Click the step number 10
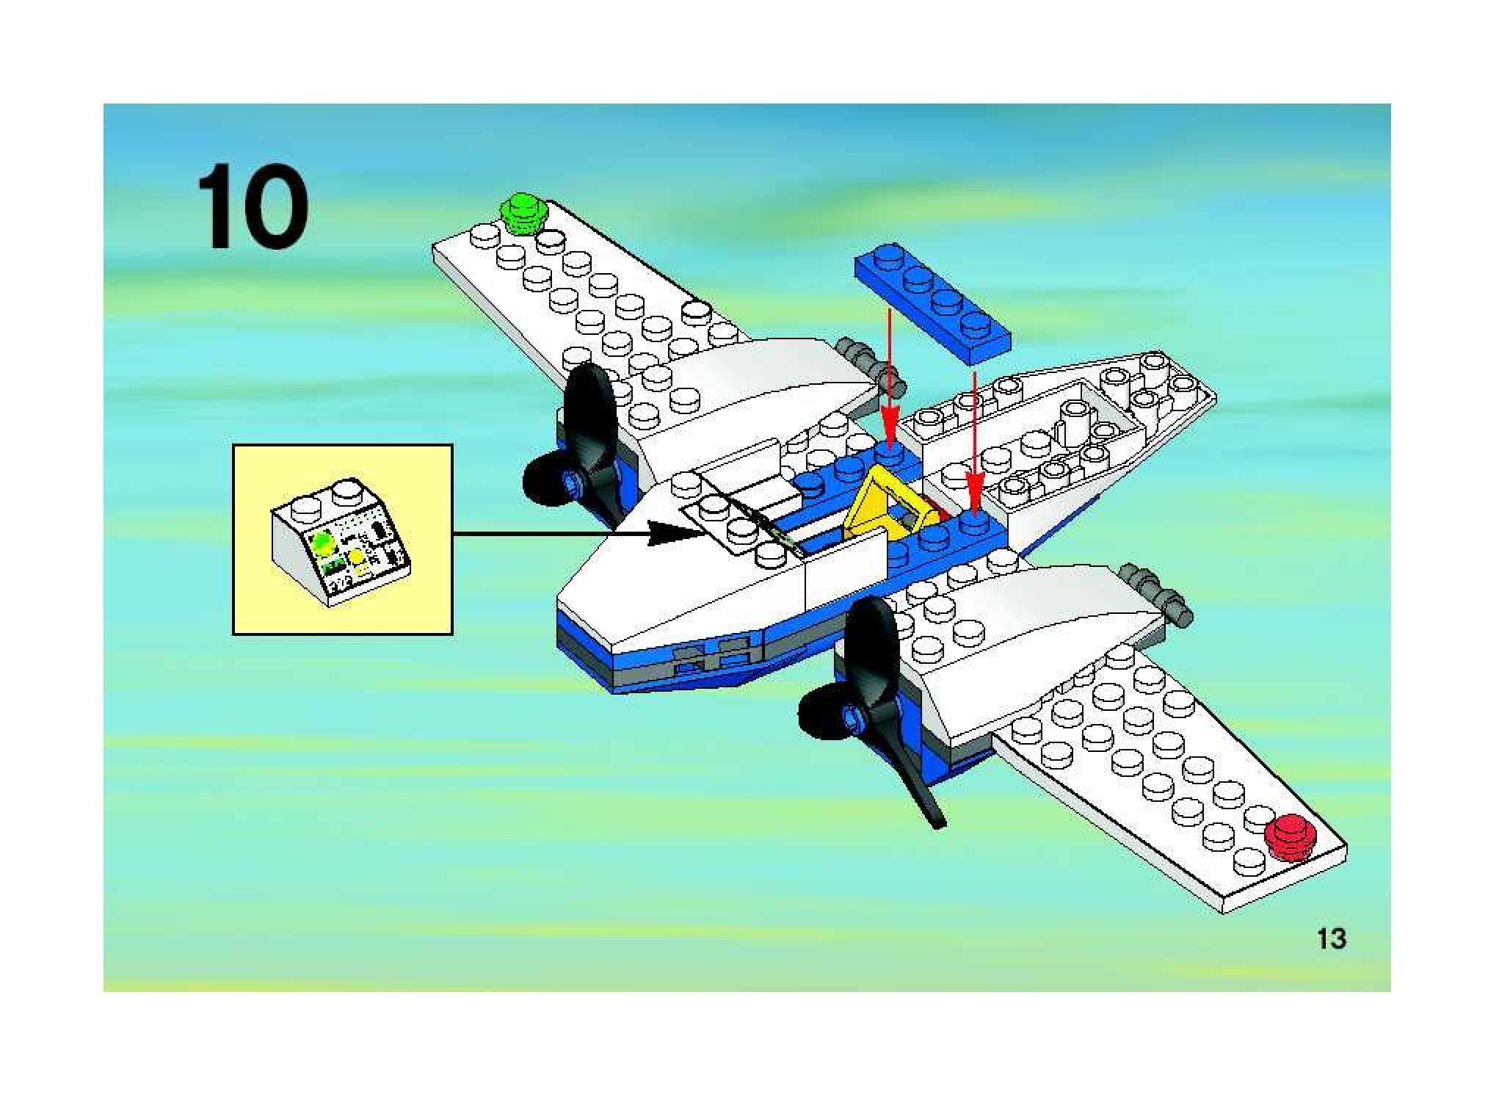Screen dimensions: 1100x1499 pyautogui.click(x=252, y=207)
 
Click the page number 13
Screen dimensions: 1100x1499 pyautogui.click(x=1331, y=939)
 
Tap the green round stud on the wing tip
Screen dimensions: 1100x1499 pyautogui.click(x=523, y=211)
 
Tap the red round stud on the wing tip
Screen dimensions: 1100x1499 pyautogui.click(x=1291, y=836)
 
